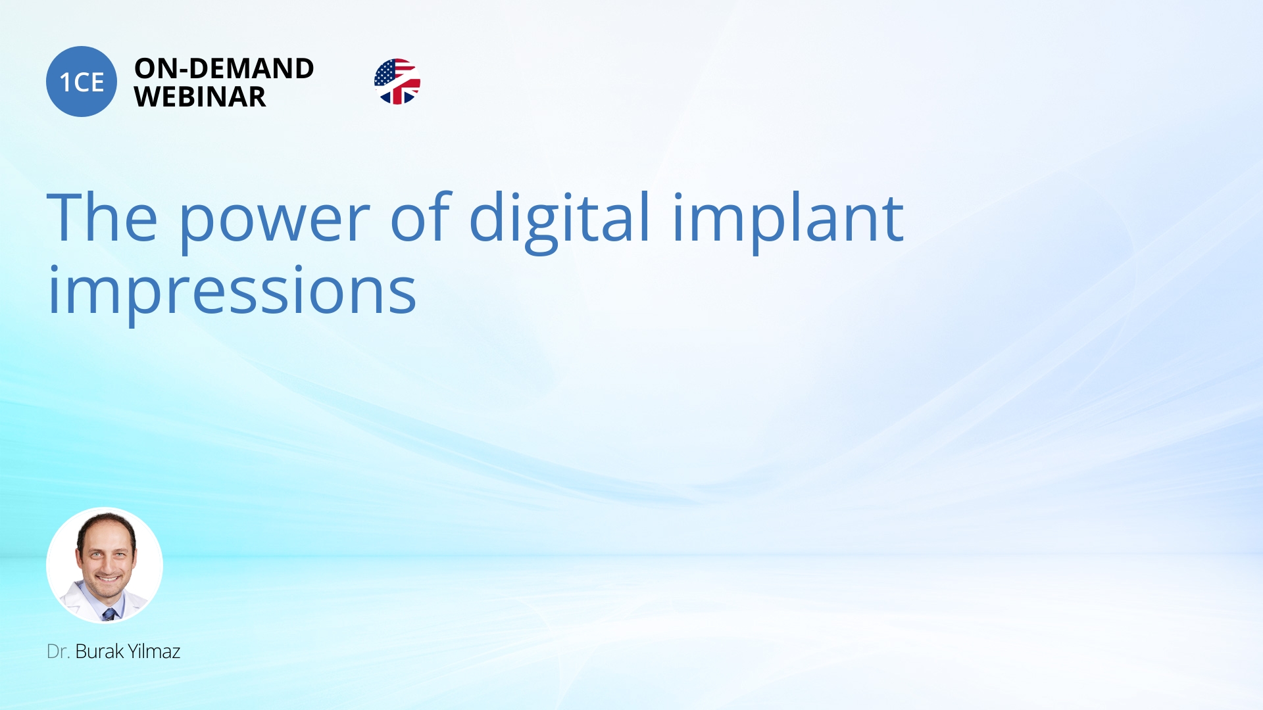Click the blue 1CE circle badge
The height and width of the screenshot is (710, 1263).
(82, 82)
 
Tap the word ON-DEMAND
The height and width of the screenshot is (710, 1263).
(224, 68)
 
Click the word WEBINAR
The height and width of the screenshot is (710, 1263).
(200, 97)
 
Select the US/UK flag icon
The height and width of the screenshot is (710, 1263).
(397, 82)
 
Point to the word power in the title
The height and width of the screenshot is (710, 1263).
(274, 220)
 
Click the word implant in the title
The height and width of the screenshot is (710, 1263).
(787, 220)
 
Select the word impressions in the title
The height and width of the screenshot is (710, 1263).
(232, 293)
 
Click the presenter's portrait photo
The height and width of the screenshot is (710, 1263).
(105, 565)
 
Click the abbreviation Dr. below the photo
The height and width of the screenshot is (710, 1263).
(58, 651)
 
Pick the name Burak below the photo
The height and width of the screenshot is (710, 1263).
(99, 651)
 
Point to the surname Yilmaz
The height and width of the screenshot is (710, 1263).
(154, 651)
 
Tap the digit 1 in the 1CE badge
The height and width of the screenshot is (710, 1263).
(65, 83)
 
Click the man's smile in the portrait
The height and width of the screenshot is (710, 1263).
(109, 579)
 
